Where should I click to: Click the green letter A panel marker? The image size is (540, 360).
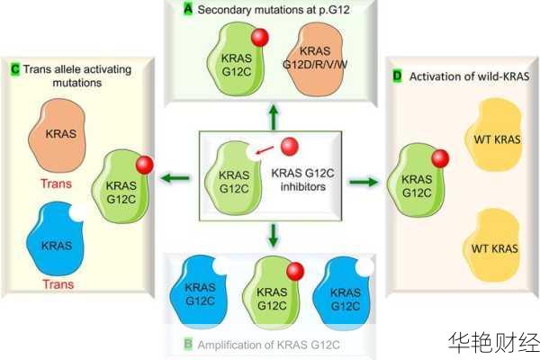(x=187, y=9)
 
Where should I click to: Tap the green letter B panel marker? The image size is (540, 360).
(x=187, y=344)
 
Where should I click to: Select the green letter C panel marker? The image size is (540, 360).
(x=15, y=68)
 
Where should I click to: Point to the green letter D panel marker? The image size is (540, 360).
(x=398, y=77)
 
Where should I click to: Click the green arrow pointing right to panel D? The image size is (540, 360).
(x=363, y=181)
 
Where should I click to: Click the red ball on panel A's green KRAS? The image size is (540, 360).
(x=259, y=38)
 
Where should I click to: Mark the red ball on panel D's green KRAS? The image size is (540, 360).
(x=438, y=160)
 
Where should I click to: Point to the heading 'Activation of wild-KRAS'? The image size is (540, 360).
(x=468, y=77)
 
